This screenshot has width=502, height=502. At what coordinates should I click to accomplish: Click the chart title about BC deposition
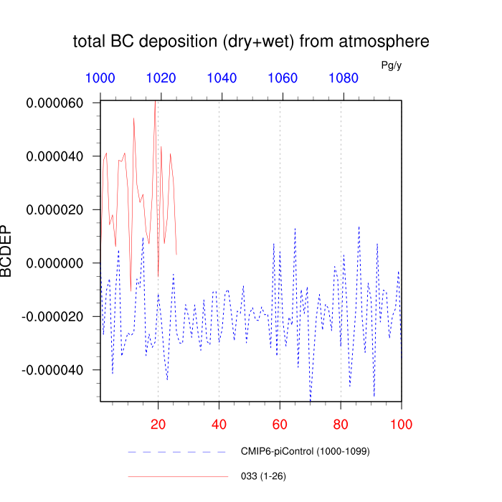pyautogui.click(x=251, y=42)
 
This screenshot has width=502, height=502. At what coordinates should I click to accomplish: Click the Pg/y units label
pyautogui.click(x=392, y=65)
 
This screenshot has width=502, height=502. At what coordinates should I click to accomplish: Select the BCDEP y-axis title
pyautogui.click(x=6, y=251)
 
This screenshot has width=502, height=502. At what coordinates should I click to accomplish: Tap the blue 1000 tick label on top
pyautogui.click(x=100, y=78)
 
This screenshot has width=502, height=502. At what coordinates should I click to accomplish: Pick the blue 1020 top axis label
pyautogui.click(x=161, y=78)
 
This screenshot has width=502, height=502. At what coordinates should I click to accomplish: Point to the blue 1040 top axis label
pyautogui.click(x=222, y=78)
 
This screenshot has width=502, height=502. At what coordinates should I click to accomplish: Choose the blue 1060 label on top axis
pyautogui.click(x=283, y=78)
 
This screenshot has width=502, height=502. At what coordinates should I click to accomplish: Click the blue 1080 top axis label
pyautogui.click(x=344, y=78)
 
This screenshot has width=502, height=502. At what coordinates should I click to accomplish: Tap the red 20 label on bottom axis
pyautogui.click(x=158, y=425)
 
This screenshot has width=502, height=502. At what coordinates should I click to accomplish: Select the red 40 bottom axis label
pyautogui.click(x=219, y=425)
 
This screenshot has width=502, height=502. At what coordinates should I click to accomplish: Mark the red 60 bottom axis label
pyautogui.click(x=280, y=425)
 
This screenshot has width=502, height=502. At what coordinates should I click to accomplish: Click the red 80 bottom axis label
pyautogui.click(x=341, y=425)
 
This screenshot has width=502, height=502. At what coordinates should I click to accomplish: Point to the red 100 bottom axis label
pyautogui.click(x=402, y=425)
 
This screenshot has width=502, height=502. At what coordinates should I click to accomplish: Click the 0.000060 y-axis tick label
pyautogui.click(x=55, y=103)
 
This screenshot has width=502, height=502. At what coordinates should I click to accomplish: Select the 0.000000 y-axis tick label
pyautogui.click(x=55, y=263)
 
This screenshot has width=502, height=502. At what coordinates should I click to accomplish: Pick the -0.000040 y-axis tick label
pyautogui.click(x=52, y=370)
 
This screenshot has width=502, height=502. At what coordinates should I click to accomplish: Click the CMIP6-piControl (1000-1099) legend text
pyautogui.click(x=306, y=451)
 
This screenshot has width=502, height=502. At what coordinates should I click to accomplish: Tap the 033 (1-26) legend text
pyautogui.click(x=263, y=476)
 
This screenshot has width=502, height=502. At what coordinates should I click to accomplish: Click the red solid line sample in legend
pyautogui.click(x=178, y=477)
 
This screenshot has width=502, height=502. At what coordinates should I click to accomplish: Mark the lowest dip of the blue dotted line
pyautogui.click(x=311, y=400)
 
